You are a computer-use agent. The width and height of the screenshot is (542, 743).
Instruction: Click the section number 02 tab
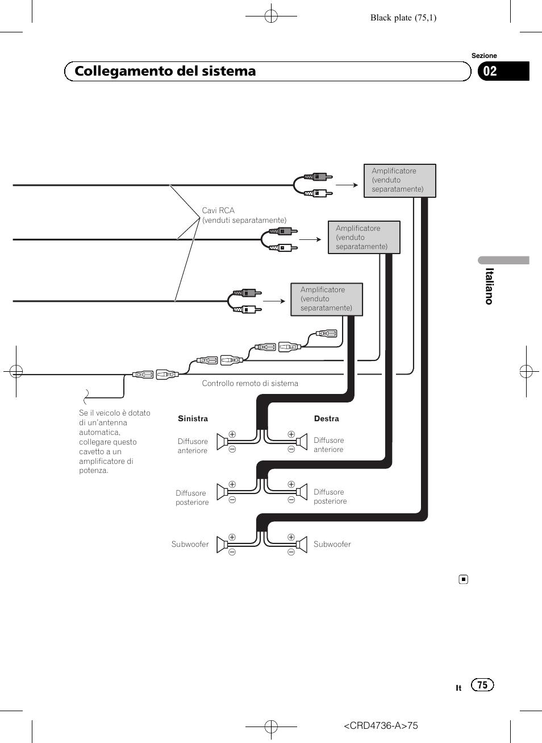pyautogui.click(x=503, y=71)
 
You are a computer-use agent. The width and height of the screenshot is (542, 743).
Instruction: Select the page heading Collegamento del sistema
pyautogui.click(x=165, y=71)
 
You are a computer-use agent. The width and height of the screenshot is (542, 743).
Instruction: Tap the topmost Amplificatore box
pyautogui.click(x=400, y=181)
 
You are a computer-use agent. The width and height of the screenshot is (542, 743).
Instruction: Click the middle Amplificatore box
pyautogui.click(x=364, y=238)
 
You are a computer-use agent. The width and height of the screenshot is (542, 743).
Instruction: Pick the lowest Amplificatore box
pyautogui.click(x=327, y=299)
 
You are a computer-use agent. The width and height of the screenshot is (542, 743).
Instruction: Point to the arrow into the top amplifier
pyautogui.click(x=347, y=185)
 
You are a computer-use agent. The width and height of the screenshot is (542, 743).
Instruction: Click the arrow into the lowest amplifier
pyautogui.click(x=274, y=301)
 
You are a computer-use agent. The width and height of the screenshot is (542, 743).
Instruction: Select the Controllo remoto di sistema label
pyautogui.click(x=250, y=384)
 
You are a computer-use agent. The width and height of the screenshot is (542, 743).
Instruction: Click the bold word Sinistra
pyautogui.click(x=193, y=418)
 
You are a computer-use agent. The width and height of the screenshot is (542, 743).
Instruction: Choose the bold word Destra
pyautogui.click(x=327, y=418)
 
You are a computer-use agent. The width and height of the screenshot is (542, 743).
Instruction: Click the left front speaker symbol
pyautogui.click(x=222, y=442)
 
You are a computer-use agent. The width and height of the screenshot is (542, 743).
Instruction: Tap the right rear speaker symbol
pyautogui.click(x=301, y=492)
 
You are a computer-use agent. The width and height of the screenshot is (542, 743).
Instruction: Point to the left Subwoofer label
pyautogui.click(x=190, y=544)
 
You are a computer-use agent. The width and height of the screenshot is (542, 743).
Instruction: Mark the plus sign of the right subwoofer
pyautogui.click(x=291, y=537)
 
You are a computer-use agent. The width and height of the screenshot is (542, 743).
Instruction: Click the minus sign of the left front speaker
pyautogui.click(x=232, y=449)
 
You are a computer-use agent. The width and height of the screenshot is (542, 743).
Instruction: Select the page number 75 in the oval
pyautogui.click(x=482, y=685)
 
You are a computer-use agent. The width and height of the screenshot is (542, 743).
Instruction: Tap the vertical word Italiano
pyautogui.click(x=489, y=287)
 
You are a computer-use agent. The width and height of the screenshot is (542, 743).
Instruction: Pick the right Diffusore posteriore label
pyautogui.click(x=330, y=496)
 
